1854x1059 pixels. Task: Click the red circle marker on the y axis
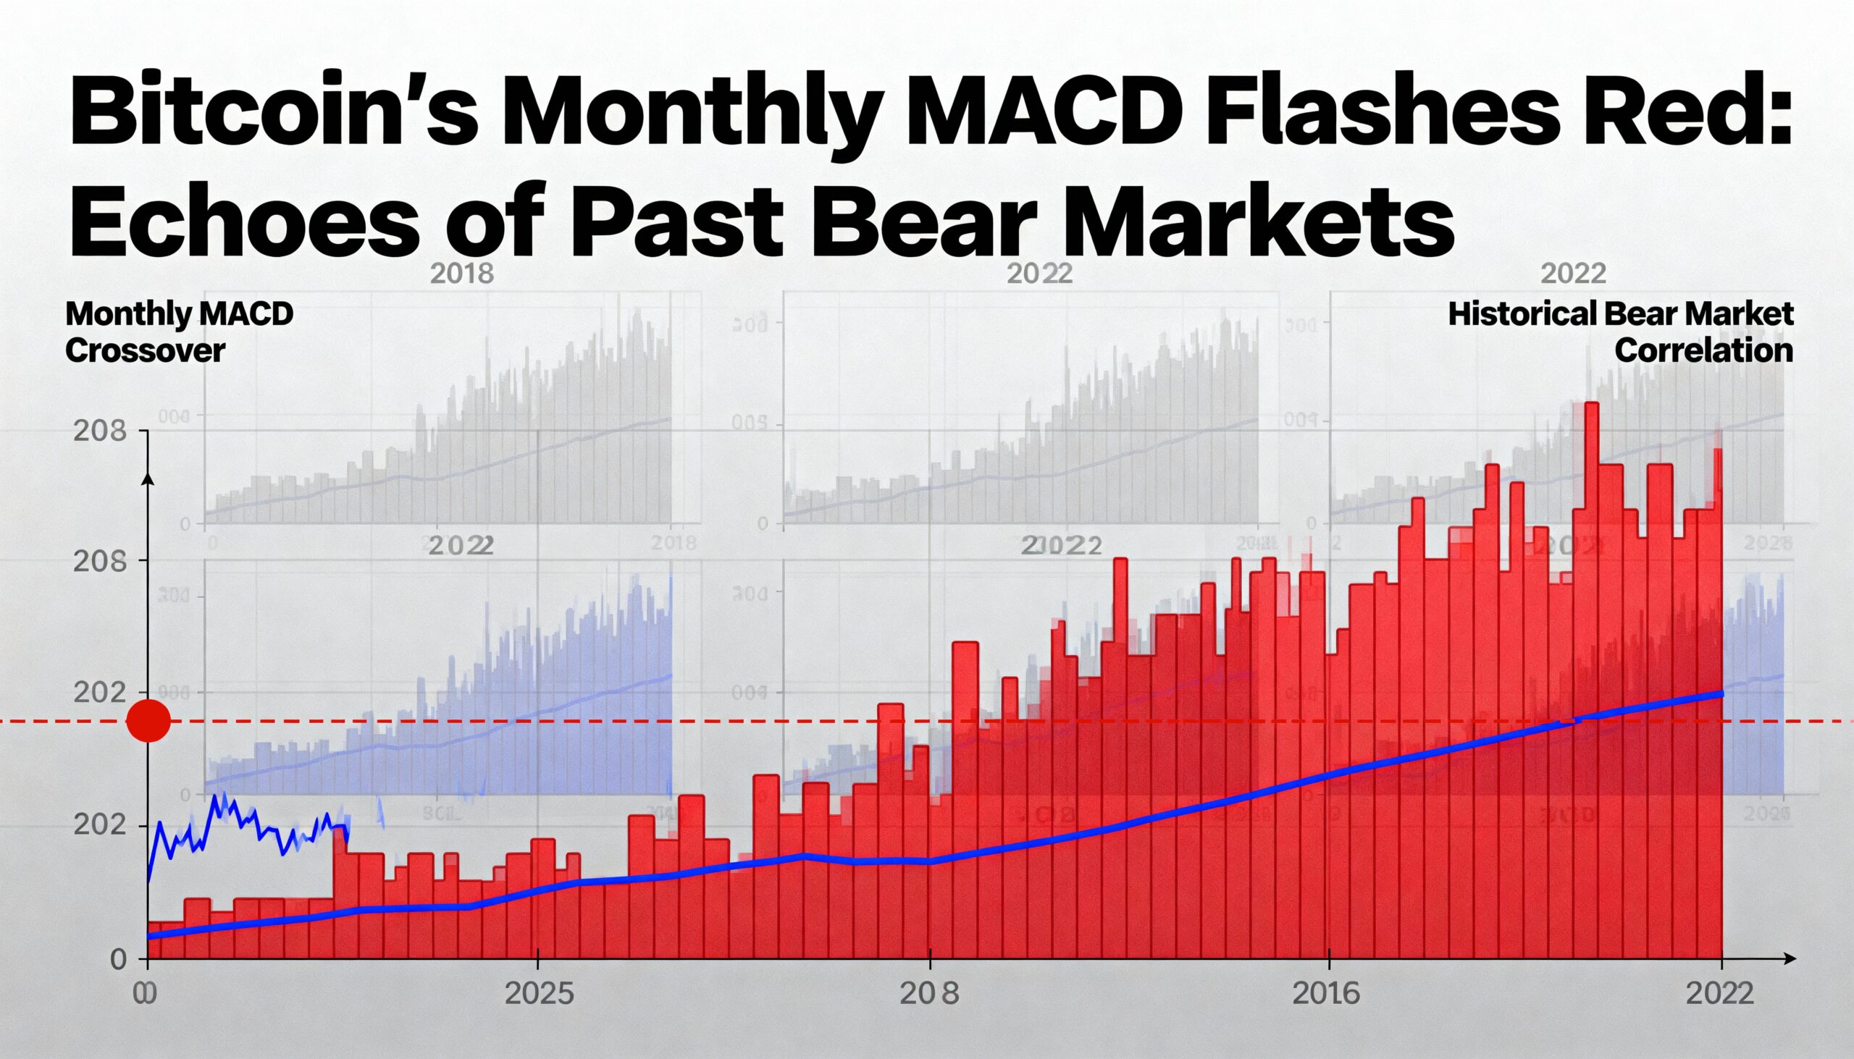[148, 721]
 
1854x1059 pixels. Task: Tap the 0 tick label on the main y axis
[119, 960]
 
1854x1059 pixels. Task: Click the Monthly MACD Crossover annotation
[179, 332]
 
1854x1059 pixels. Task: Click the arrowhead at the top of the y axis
[148, 477]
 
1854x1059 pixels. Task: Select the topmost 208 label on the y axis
[101, 431]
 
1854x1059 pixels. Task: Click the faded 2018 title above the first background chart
[462, 274]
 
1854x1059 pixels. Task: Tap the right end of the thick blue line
[1720, 693]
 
